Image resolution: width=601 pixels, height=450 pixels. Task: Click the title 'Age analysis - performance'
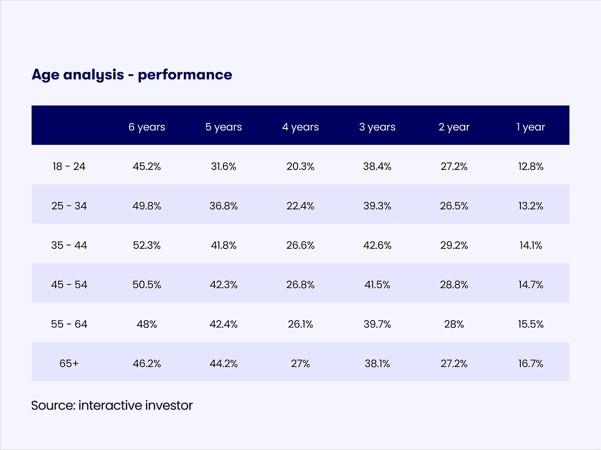(132, 75)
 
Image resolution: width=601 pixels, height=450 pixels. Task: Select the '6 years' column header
(147, 127)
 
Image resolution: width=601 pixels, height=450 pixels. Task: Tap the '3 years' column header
(377, 127)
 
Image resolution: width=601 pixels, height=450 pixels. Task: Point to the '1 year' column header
(531, 127)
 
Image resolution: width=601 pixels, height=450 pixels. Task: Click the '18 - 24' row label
(69, 166)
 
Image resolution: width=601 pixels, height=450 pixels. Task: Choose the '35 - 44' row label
(69, 245)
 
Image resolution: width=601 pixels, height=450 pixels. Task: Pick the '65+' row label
(69, 363)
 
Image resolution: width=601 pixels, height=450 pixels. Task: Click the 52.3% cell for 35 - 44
(147, 245)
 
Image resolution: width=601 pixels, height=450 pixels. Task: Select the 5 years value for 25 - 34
(223, 206)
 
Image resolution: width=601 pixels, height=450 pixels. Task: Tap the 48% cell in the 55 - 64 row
(147, 324)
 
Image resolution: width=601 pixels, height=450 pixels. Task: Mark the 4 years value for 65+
(300, 363)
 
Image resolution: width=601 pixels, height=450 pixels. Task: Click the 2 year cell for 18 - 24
(454, 166)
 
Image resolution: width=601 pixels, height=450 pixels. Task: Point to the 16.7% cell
(531, 363)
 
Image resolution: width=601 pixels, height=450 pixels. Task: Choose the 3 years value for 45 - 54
(377, 285)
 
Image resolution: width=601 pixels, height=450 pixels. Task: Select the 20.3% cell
(300, 166)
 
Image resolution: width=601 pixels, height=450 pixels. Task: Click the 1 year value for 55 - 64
(531, 324)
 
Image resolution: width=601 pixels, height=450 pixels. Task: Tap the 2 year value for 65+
(454, 363)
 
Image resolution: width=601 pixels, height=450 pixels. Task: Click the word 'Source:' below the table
(53, 405)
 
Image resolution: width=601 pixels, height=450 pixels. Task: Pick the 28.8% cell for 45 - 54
(454, 285)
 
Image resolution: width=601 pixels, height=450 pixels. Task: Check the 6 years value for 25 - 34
(147, 206)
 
